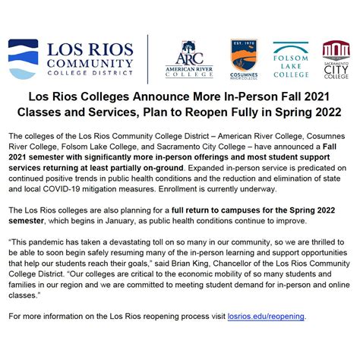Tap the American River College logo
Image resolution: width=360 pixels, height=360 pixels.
click(189, 58)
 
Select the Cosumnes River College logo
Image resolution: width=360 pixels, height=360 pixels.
click(244, 58)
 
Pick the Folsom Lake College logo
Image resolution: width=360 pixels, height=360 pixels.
click(291, 58)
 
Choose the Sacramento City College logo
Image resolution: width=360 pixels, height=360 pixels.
click(336, 58)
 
